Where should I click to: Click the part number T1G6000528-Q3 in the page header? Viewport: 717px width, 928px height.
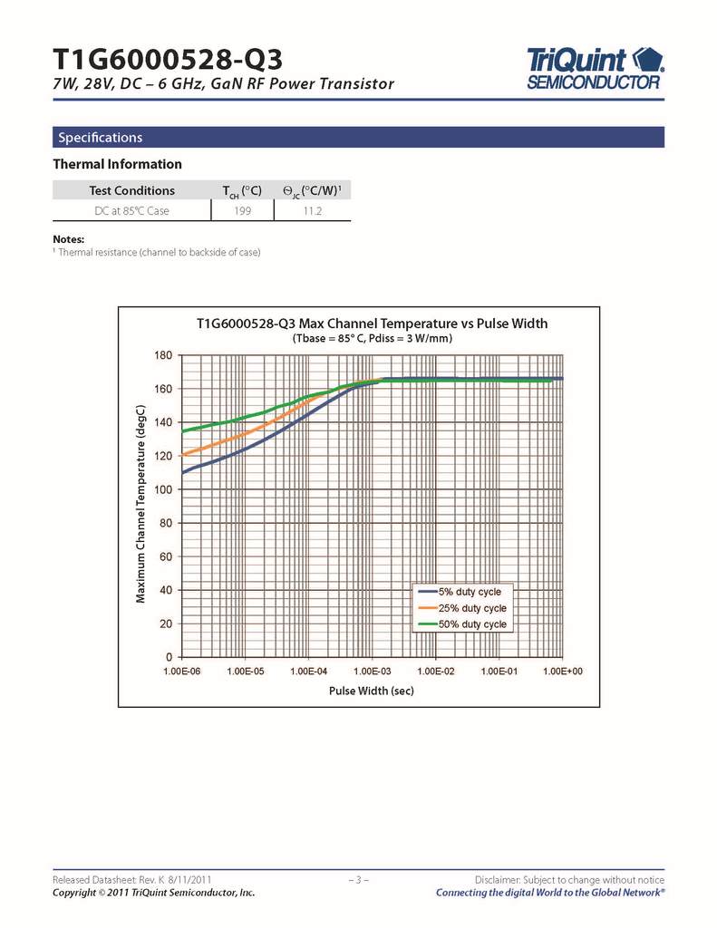[x=168, y=60]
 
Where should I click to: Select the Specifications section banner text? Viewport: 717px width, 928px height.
[x=101, y=138]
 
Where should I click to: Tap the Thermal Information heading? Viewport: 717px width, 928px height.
[x=118, y=164]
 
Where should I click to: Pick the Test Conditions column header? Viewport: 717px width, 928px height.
[x=131, y=190]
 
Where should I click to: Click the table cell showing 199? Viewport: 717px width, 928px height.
[x=242, y=211]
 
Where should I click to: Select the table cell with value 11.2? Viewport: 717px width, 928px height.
[x=312, y=211]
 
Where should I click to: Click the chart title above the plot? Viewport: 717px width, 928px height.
[x=372, y=324]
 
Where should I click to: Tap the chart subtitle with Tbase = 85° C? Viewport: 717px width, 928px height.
[x=372, y=339]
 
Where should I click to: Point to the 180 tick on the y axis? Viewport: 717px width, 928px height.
[x=164, y=355]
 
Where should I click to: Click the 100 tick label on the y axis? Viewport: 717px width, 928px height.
[x=164, y=490]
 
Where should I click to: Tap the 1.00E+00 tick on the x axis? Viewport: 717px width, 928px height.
[x=562, y=672]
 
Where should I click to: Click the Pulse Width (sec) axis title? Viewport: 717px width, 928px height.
[x=372, y=691]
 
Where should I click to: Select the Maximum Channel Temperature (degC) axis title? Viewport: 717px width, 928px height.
[x=140, y=504]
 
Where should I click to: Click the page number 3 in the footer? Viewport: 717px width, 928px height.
[x=358, y=880]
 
